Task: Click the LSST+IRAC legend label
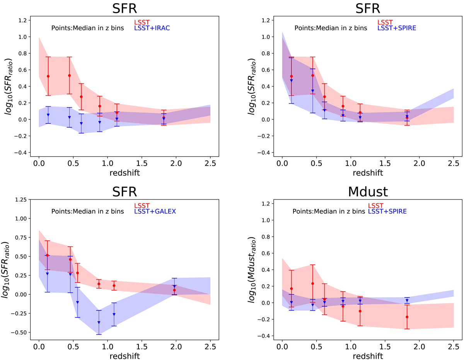[x=152, y=28]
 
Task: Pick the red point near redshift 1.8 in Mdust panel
[x=407, y=317]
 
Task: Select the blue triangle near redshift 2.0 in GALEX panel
[x=174, y=286]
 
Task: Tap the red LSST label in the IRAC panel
[x=140, y=22]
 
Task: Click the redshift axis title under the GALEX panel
[x=124, y=355]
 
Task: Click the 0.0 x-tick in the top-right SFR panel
[x=282, y=163]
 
